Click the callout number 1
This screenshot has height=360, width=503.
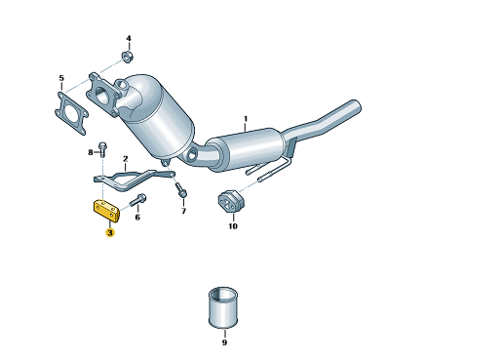(x=246, y=119)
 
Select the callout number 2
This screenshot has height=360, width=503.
(x=126, y=159)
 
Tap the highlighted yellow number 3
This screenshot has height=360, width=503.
(x=110, y=232)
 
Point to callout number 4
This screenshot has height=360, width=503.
(x=129, y=38)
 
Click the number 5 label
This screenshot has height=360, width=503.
(x=61, y=78)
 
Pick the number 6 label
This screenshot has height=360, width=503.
(x=137, y=217)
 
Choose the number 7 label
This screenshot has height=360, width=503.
(x=183, y=212)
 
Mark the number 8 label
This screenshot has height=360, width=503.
(x=91, y=152)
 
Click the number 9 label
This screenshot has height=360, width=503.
(x=224, y=342)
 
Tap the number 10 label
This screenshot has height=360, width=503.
(x=233, y=225)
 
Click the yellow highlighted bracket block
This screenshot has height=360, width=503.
(x=106, y=211)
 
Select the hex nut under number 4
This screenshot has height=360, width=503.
(x=128, y=57)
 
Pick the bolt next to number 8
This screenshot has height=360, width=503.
(x=102, y=149)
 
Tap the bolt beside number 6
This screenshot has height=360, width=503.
(x=138, y=200)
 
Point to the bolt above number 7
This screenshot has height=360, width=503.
(x=180, y=190)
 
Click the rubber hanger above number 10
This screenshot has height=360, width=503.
(x=231, y=201)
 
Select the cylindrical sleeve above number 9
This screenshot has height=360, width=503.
(x=223, y=307)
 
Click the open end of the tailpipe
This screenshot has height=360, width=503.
(x=356, y=106)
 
